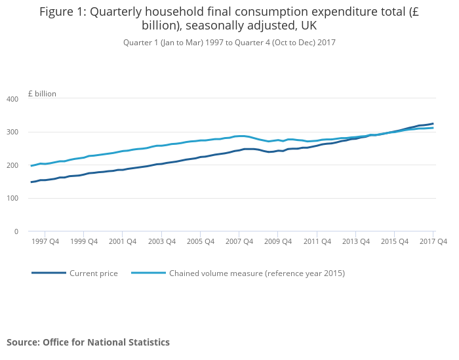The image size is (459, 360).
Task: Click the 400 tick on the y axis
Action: [12, 99]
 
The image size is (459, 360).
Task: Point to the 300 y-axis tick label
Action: [12, 132]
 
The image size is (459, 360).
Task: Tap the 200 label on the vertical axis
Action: [12, 165]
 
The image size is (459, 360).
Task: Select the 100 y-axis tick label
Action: [12, 199]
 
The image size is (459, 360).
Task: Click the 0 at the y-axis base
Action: [16, 231]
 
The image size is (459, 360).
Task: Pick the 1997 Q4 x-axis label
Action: [45, 241]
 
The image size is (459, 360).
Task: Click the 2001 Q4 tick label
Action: [123, 241]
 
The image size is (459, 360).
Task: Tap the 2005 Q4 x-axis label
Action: [200, 241]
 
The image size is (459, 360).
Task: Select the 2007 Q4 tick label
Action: [239, 241]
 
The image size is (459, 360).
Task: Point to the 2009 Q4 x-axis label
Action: [278, 241]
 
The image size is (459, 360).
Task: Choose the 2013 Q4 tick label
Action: [355, 241]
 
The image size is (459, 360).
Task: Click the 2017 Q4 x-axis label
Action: [433, 241]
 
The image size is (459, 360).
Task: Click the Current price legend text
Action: [94, 273]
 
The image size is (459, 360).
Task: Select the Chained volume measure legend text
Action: [257, 273]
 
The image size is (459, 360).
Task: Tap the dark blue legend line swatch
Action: [49, 273]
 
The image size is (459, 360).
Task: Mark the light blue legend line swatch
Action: [148, 273]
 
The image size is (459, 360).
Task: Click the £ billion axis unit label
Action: [42, 94]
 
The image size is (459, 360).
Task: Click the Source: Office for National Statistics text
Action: [88, 342]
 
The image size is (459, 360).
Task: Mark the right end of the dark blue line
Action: [433, 123]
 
